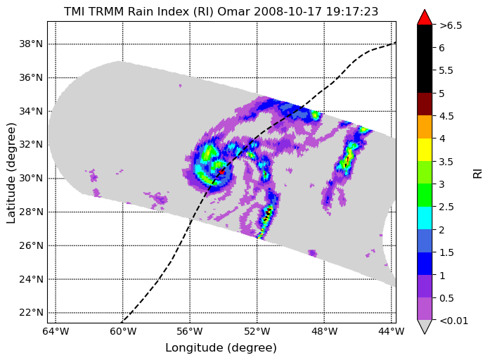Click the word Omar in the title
(234, 11)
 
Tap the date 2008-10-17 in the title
(288, 11)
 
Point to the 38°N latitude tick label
(31, 44)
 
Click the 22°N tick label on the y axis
(31, 312)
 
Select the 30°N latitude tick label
(31, 178)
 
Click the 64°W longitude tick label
(56, 331)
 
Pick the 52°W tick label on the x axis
(257, 331)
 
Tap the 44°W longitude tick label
(392, 331)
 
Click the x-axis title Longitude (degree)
(221, 348)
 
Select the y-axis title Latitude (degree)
(11, 173)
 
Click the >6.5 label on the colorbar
(451, 25)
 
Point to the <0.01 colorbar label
(453, 321)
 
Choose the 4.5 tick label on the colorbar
(446, 116)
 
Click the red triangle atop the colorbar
(425, 18)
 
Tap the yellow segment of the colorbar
(425, 150)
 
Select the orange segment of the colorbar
(425, 127)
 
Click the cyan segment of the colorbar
(425, 218)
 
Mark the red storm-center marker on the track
(221, 172)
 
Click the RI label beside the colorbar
(478, 174)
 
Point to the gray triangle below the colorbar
(425, 326)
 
